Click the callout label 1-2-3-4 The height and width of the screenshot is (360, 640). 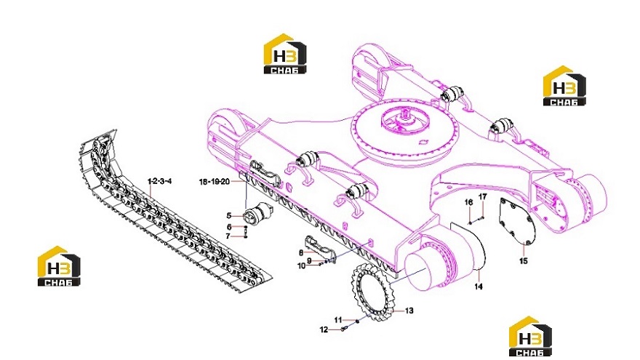point(159,181)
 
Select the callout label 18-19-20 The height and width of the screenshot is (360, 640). point(215,182)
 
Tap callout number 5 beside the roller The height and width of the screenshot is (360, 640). point(229,216)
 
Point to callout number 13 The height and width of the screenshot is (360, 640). point(409,311)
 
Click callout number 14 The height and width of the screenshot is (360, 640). point(479,287)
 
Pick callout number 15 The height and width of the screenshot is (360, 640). point(523,261)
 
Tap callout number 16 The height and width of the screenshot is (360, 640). point(468,202)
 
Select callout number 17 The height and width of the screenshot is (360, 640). point(482,197)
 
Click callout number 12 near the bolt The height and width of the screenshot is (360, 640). point(324,329)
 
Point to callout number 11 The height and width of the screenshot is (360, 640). point(338,320)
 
